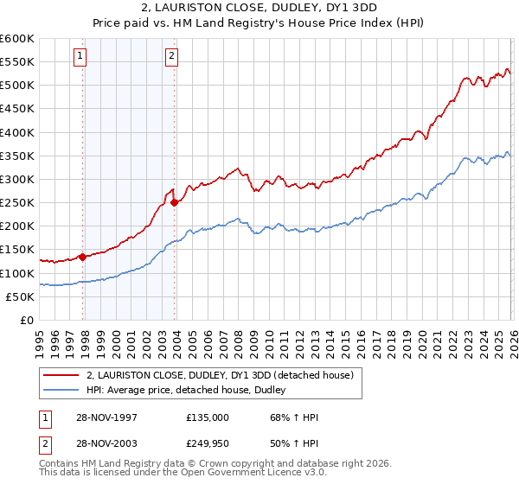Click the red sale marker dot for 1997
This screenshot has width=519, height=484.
click(x=83, y=256)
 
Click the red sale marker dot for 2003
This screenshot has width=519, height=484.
click(x=175, y=202)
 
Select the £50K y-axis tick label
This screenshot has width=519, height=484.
click(x=19, y=296)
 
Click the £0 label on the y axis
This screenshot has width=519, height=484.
click(x=26, y=320)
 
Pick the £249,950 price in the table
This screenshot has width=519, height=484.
click(x=208, y=443)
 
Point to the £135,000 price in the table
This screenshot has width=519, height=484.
click(x=208, y=417)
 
